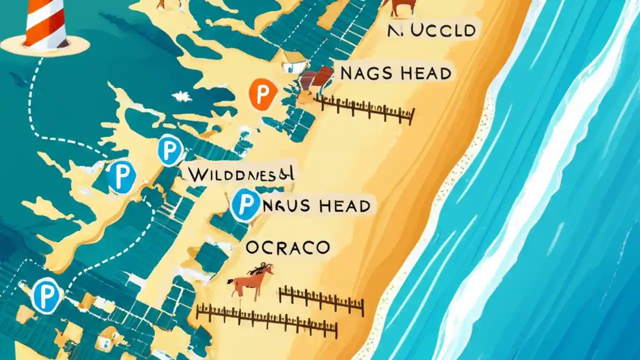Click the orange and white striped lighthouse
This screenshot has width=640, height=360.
[47, 22]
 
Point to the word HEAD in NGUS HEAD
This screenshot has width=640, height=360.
[348, 205]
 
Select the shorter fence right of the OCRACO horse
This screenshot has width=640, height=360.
[320, 300]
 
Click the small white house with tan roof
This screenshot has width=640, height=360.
[293, 62]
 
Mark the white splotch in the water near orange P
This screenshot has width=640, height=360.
[181, 96]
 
